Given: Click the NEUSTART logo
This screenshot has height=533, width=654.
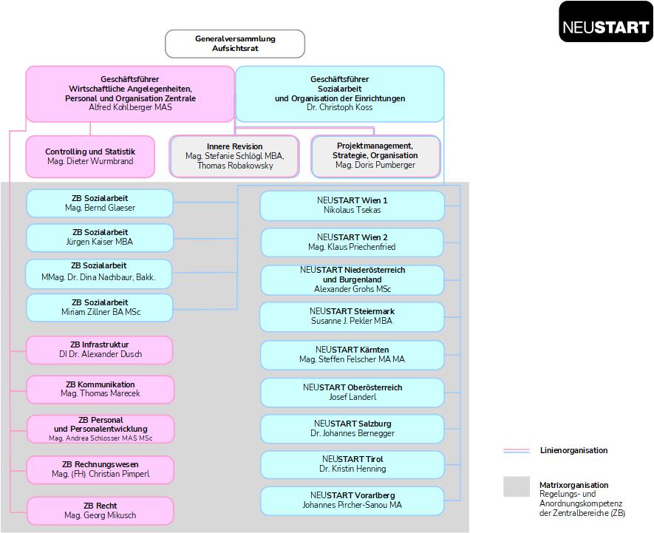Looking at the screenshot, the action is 606,21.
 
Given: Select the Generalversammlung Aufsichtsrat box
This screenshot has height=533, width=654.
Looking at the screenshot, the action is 235,44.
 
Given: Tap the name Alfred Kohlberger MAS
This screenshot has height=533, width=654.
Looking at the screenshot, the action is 130,107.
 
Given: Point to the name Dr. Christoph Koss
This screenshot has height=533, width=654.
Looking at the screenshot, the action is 339,107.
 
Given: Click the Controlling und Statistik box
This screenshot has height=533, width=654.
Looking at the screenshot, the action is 90,157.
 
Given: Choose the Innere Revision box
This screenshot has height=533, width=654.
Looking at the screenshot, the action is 234,156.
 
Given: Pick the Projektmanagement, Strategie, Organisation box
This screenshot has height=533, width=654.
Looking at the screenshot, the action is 375,156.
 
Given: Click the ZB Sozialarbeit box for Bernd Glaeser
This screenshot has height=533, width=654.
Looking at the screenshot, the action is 100,203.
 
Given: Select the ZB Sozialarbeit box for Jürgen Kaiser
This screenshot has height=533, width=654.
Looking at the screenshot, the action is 100,237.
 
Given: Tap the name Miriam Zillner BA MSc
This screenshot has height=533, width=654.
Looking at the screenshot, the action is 101,312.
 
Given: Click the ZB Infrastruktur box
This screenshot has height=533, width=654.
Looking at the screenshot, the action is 100,350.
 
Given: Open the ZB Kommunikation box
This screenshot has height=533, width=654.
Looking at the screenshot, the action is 100,389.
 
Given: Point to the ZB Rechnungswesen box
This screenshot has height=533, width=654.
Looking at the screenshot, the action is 100,469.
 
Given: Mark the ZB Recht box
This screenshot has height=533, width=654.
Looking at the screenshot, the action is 100,511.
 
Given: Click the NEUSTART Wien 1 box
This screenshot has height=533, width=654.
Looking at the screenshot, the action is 352,206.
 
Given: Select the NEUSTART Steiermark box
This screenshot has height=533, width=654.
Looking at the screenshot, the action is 352,317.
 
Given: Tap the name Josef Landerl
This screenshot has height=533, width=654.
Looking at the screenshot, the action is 352,397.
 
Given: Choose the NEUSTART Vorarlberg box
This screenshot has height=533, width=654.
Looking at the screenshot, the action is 352,500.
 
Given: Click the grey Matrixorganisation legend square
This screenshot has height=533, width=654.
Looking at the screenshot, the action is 517,486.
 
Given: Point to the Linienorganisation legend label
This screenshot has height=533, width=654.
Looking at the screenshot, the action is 573,450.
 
